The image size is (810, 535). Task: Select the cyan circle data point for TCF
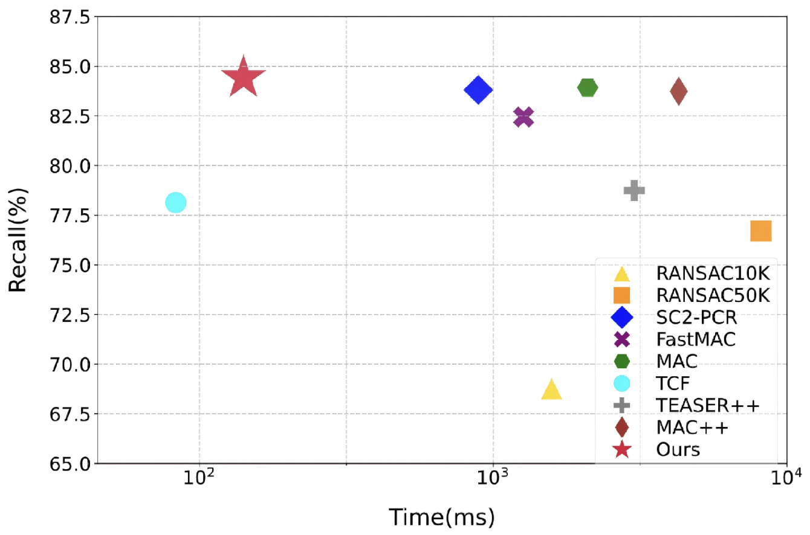coord(175,202)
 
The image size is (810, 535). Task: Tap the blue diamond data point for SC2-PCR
coord(478,90)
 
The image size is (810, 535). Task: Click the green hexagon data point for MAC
coord(588,88)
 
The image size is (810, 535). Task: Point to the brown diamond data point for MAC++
coord(678,91)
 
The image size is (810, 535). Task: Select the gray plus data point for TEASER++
coord(634,190)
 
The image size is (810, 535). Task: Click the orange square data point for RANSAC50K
coord(760,231)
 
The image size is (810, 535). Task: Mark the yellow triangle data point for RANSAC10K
coord(551,390)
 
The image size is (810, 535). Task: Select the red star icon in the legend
coord(622,449)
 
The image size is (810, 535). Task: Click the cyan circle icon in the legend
coord(622,383)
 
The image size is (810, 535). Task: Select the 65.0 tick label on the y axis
coord(68,463)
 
